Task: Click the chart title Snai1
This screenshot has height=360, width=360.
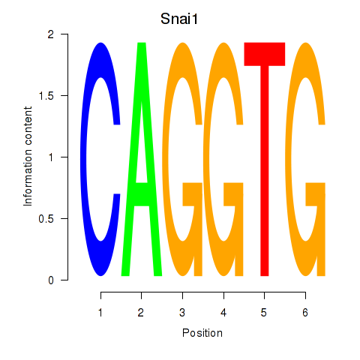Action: click(x=179, y=19)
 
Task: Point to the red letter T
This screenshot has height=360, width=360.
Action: click(x=265, y=159)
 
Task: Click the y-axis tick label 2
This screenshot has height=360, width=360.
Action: click(x=51, y=34)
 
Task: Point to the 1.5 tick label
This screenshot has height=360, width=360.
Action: click(x=46, y=96)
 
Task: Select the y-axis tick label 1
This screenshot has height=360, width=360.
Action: click(x=51, y=157)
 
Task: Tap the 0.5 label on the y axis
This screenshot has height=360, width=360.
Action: click(x=46, y=219)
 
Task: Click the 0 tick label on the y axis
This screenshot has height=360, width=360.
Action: click(x=51, y=280)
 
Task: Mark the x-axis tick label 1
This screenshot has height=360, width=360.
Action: click(x=100, y=313)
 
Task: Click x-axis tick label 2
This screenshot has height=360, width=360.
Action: click(x=141, y=313)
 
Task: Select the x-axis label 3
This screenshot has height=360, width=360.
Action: click(x=182, y=313)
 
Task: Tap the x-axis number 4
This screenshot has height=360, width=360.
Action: click(x=223, y=313)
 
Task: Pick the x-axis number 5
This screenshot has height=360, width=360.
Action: click(x=264, y=313)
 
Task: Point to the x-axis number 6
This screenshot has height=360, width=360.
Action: click(x=305, y=313)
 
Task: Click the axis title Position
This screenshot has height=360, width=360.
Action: click(x=202, y=333)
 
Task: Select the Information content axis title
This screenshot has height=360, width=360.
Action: click(x=28, y=157)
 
